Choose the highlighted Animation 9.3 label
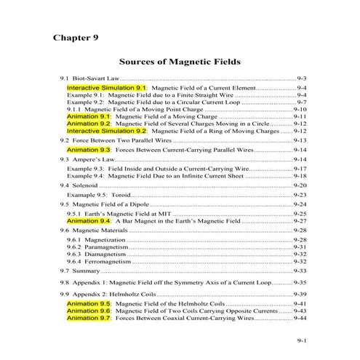(89, 149)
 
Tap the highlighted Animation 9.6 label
(89, 311)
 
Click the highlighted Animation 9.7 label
(89, 318)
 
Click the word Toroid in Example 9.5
(118, 195)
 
